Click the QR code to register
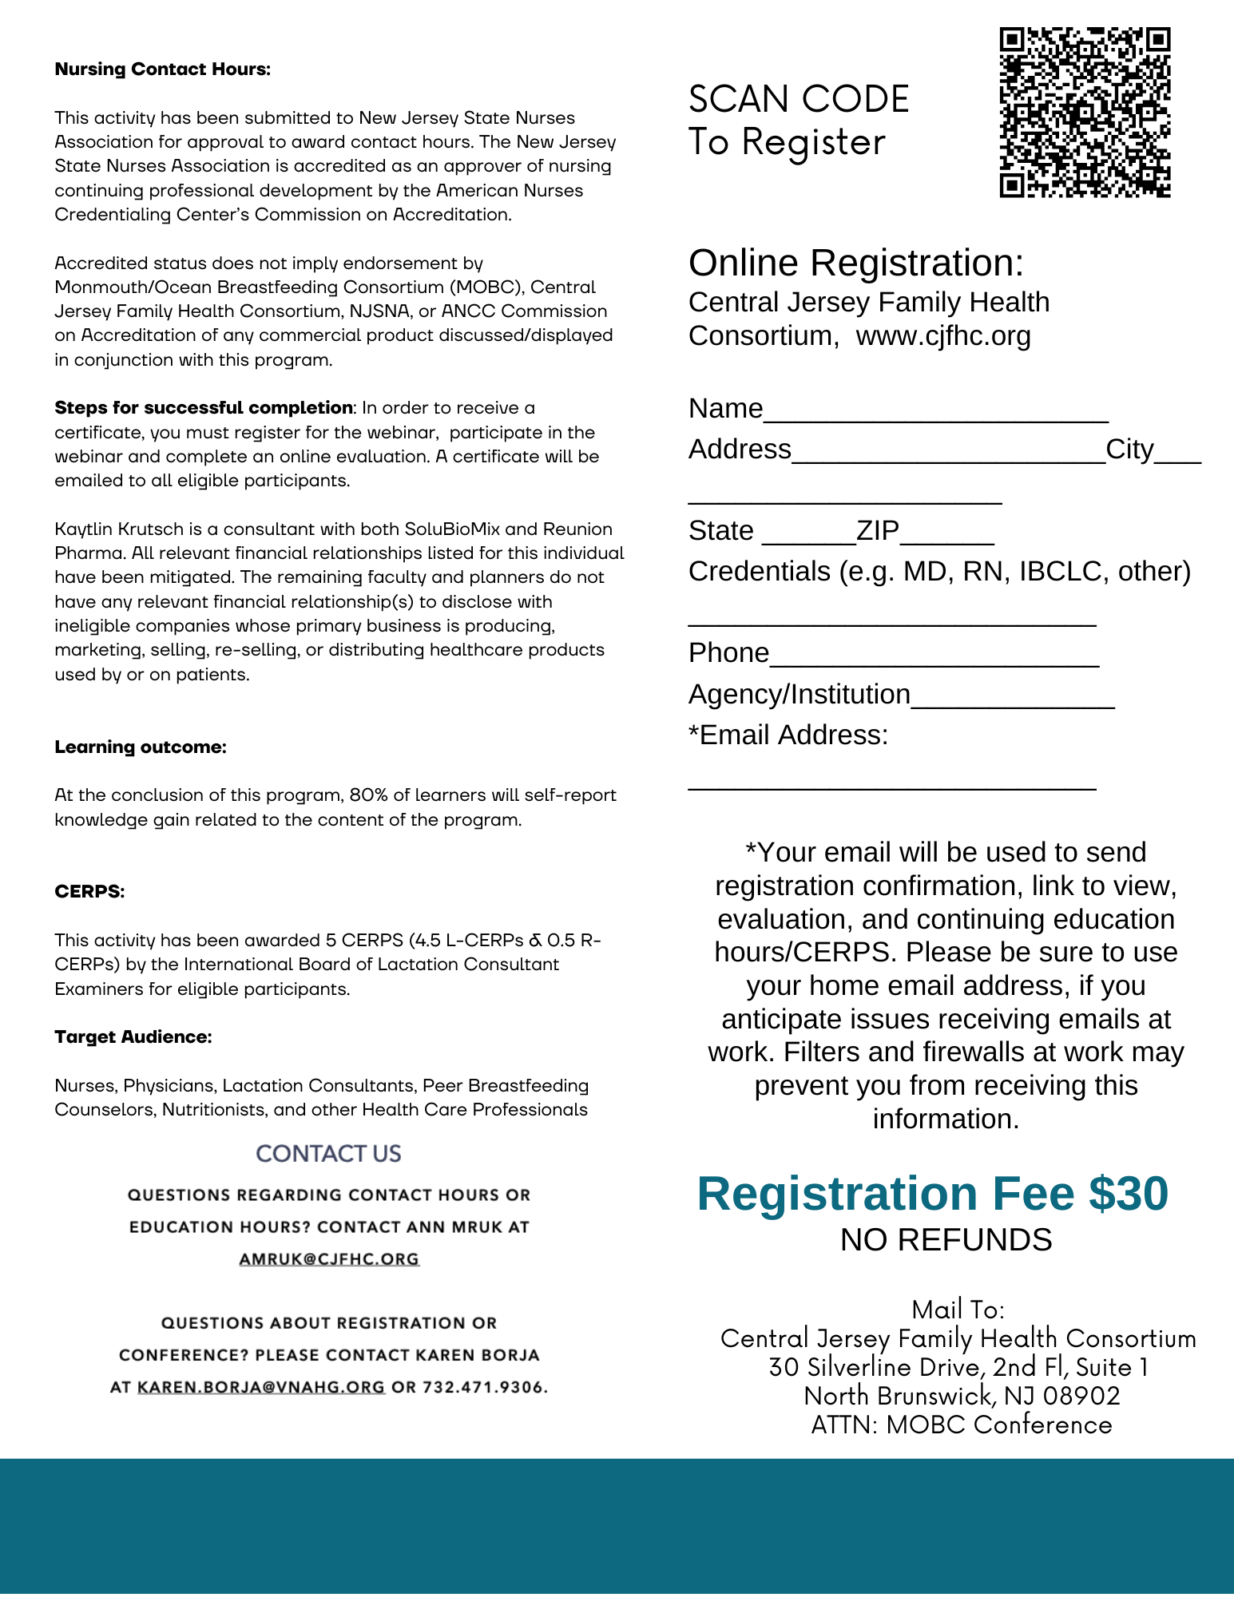point(1085,113)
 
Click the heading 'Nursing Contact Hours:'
point(163,69)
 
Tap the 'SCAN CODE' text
point(799,100)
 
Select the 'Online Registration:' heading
point(855,263)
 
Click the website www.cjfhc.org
point(943,336)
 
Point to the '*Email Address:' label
point(788,735)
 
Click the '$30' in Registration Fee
point(1129,1195)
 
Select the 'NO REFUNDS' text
point(946,1240)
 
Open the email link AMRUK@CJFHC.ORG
point(329,1259)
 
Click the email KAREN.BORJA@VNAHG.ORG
point(261,1388)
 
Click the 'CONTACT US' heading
point(328,1154)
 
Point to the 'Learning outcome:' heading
point(141,747)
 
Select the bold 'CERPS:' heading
point(89,892)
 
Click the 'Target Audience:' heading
point(133,1037)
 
